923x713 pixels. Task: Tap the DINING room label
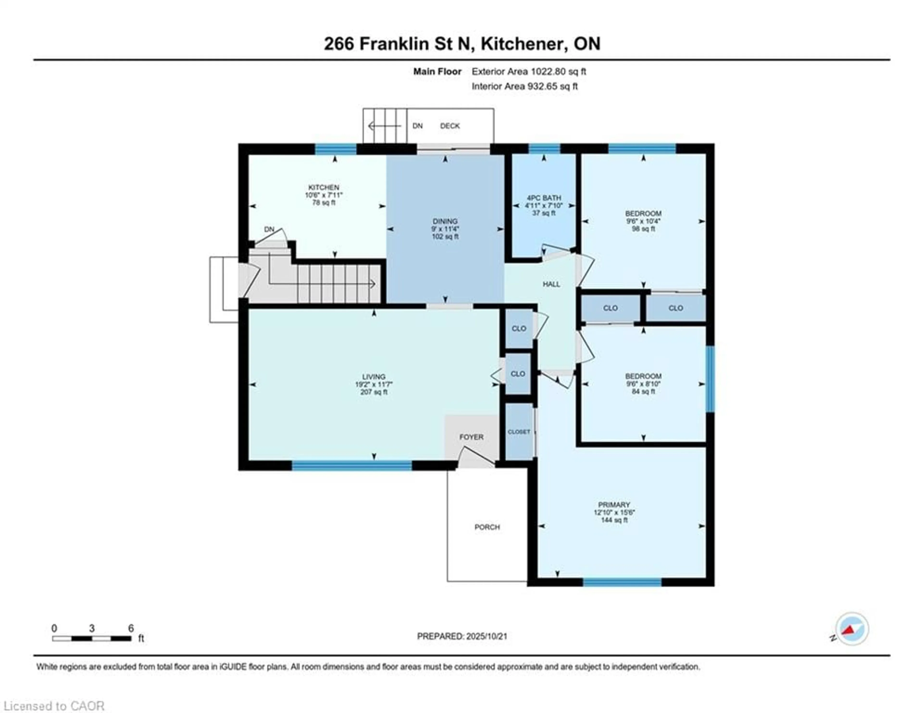pos(445,221)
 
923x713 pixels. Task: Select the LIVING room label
pos(374,377)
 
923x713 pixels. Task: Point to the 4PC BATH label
pos(544,198)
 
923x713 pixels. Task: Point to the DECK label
pos(450,126)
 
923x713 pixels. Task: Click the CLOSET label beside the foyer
pos(519,432)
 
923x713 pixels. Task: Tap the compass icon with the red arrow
pos(852,629)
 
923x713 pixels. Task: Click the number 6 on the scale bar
pos(131,628)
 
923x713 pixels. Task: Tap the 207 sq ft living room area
pos(374,392)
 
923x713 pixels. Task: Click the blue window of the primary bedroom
pos(622,582)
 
